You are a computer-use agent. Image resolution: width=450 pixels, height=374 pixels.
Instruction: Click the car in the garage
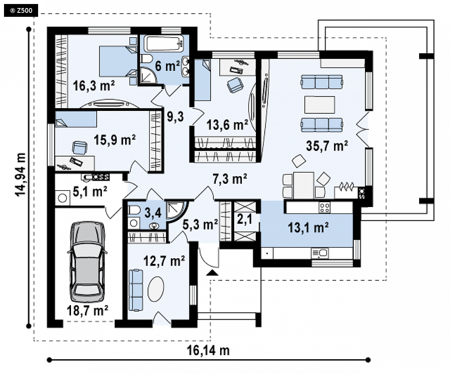coord(87,261)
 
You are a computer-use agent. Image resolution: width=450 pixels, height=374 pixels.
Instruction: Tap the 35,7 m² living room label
coord(327,146)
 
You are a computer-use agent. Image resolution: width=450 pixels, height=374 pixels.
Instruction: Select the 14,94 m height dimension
coord(21,174)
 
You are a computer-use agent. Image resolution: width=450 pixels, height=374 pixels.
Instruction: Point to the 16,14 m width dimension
coord(208,350)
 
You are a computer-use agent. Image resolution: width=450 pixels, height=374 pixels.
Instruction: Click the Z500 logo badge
coord(21,10)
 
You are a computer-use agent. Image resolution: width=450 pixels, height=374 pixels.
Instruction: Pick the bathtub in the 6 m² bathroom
coord(164,44)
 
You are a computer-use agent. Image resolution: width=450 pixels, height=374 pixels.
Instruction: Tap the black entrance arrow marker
coord(212,273)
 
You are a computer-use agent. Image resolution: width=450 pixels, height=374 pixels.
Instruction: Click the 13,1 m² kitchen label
coord(308,227)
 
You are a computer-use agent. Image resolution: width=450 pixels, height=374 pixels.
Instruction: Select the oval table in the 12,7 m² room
coord(156,289)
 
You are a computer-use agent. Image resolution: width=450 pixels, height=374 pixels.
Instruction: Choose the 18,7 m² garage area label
coord(87,310)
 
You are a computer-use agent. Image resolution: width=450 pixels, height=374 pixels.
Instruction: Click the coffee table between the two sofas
coord(320,105)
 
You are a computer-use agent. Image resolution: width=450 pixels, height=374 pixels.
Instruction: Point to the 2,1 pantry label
coord(245,219)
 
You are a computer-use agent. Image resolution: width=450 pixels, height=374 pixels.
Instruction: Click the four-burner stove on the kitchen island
coord(324,207)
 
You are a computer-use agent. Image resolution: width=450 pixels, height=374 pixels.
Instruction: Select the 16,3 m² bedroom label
coord(93,85)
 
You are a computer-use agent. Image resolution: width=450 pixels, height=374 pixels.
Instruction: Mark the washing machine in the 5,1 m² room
coord(62,198)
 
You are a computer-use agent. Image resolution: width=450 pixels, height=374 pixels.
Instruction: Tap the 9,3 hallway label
coord(175,117)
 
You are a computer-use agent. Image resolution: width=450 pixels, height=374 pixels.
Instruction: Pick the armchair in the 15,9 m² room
coord(79,148)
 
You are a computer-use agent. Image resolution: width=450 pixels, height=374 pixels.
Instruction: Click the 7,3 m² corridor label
coord(229,179)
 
